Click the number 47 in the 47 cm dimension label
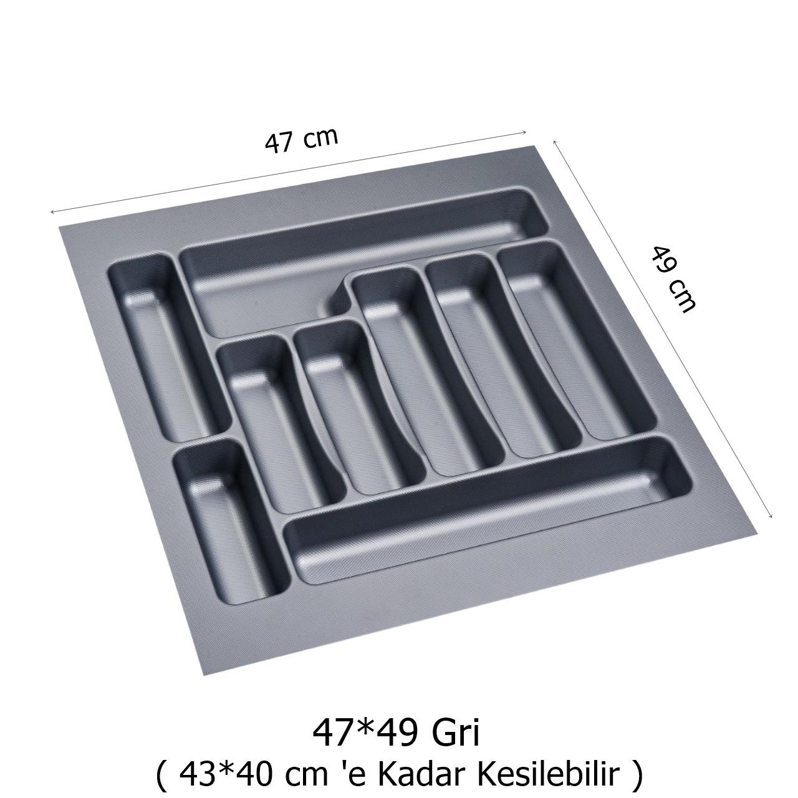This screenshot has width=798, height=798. tap(279, 143)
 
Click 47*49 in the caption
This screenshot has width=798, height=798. tap(364, 733)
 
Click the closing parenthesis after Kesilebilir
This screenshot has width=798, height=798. tap(637, 775)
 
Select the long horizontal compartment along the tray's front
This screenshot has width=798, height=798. tap(486, 511)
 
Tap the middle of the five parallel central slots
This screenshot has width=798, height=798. tap(405, 374)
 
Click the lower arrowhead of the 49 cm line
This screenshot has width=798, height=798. tap(771, 515)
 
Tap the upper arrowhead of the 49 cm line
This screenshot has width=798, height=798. tap(555, 142)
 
